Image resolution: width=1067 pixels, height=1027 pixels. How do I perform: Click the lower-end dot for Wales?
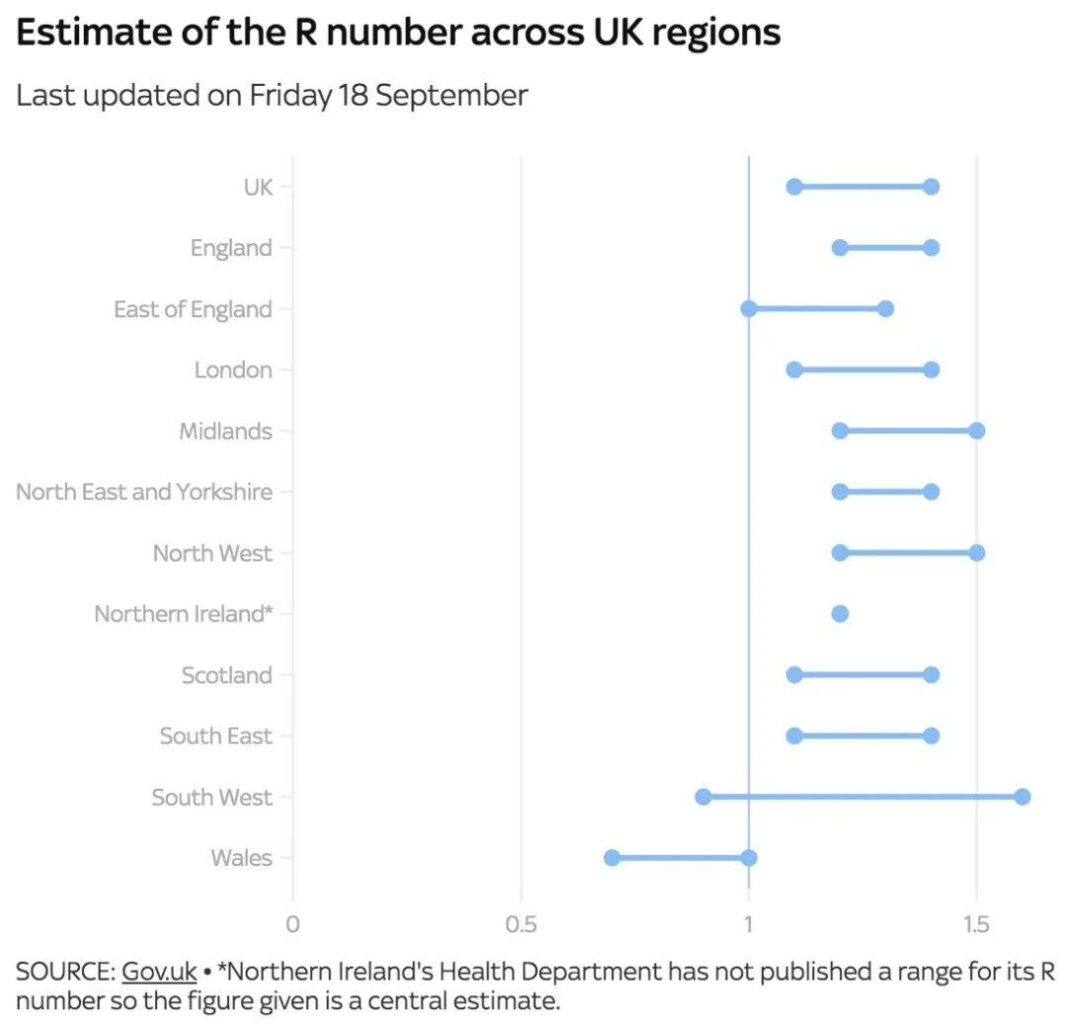[613, 858]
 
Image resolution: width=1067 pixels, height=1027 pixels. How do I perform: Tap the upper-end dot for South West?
[1023, 797]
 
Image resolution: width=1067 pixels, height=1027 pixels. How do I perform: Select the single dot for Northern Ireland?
[840, 614]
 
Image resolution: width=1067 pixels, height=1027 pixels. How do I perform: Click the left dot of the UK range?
[794, 187]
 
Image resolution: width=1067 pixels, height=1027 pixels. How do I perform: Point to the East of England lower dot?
[749, 308]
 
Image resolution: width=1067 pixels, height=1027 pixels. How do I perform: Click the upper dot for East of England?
[885, 308]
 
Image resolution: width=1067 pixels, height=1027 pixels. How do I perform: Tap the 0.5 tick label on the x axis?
[521, 925]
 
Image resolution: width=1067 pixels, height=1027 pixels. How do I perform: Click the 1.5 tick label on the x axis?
[976, 925]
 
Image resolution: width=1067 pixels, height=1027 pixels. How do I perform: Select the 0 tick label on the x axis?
[292, 925]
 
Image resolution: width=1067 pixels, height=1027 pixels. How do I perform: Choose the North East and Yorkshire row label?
[144, 492]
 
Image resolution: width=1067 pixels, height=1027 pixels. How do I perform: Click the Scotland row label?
[226, 675]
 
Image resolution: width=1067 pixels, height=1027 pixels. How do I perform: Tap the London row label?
[233, 370]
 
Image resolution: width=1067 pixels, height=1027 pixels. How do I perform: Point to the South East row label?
[215, 736]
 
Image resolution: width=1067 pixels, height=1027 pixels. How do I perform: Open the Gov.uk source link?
[159, 972]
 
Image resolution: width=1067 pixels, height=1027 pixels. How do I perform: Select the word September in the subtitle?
[451, 96]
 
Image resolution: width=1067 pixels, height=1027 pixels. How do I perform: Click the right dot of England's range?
[931, 247]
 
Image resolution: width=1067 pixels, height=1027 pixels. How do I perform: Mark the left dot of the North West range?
[840, 553]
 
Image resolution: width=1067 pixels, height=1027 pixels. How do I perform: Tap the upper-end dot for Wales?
[749, 858]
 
